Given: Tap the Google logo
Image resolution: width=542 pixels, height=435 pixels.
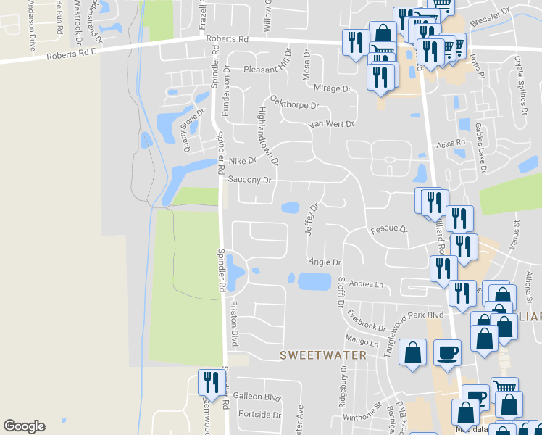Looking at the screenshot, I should pyautogui.click(x=24, y=426).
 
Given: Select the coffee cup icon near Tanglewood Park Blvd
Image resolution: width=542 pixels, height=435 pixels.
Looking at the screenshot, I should pyautogui.click(x=447, y=353).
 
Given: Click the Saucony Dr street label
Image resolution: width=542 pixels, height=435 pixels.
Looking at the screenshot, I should pyautogui.click(x=249, y=179).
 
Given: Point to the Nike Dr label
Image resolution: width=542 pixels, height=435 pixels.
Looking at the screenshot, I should pyautogui.click(x=243, y=160).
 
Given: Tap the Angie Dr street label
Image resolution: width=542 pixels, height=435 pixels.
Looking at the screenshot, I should pyautogui.click(x=325, y=262).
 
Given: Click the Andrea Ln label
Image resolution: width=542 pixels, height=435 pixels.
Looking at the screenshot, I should pyautogui.click(x=366, y=284).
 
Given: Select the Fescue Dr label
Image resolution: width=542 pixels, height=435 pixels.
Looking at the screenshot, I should pyautogui.click(x=389, y=230).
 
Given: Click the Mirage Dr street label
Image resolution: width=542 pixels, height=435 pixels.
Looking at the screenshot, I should pyautogui.click(x=332, y=88).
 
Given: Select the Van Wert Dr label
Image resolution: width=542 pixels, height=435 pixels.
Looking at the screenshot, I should pyautogui.click(x=330, y=124).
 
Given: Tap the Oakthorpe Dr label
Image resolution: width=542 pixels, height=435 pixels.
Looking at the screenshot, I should pyautogui.click(x=294, y=104).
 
